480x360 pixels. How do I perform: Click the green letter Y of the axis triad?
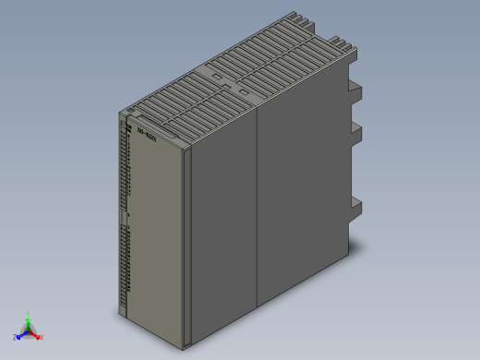29,314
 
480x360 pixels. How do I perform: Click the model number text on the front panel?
147,131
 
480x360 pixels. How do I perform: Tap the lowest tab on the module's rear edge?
354,209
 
